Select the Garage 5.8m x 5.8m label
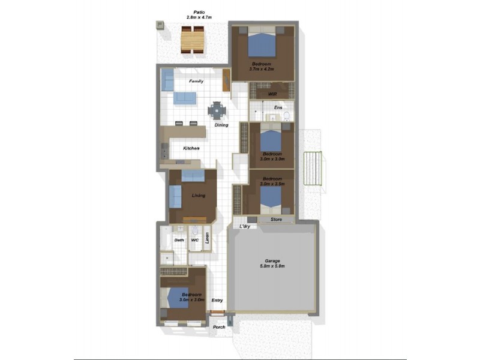[x=272, y=263]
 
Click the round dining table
[x=216, y=110]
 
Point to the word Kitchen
[x=191, y=148]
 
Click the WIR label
[x=271, y=94]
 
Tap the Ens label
[x=278, y=107]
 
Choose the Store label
[x=276, y=220]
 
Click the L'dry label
[x=245, y=226]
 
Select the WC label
[x=194, y=240]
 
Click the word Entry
[x=217, y=300]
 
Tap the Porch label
[x=218, y=327]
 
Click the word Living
[x=199, y=196]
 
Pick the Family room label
[x=196, y=81]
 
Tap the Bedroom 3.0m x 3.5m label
[x=272, y=181]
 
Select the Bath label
[x=179, y=240]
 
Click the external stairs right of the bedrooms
[x=313, y=169]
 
